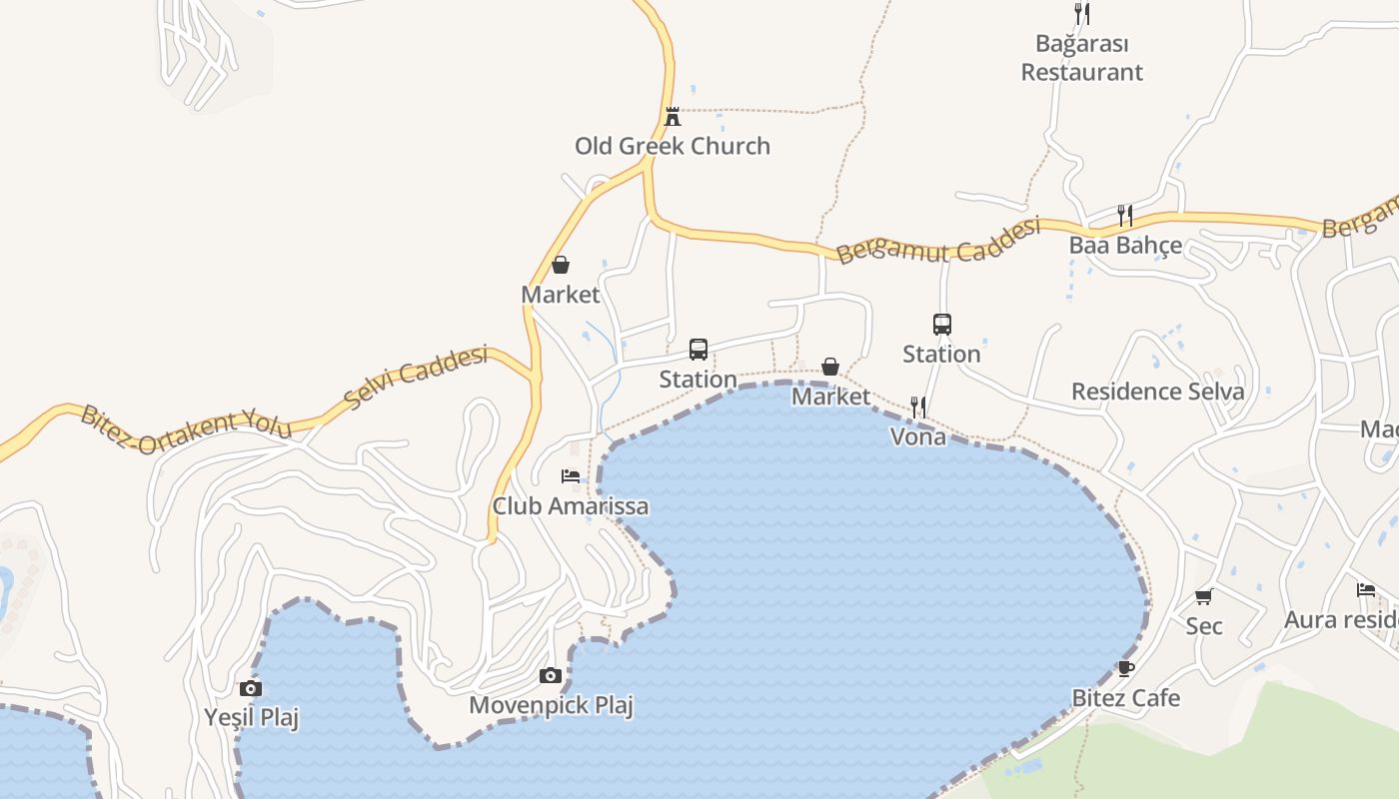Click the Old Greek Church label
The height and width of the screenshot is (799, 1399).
click(673, 146)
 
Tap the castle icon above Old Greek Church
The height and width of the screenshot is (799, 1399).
click(673, 116)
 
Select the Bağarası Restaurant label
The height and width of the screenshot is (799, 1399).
click(1082, 58)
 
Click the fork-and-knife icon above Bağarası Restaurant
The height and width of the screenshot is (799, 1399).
click(1082, 13)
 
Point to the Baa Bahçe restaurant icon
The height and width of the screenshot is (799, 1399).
click(1125, 215)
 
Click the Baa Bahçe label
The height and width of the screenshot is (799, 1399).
click(1125, 246)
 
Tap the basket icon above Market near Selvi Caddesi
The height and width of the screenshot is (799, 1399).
click(561, 265)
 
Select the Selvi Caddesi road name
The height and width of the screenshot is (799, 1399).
click(416, 377)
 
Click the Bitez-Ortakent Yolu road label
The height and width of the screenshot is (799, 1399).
click(187, 428)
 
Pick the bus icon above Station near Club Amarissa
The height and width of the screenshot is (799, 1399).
click(699, 350)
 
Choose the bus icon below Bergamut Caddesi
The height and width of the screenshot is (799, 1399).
click(942, 324)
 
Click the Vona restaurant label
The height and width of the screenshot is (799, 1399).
click(918, 436)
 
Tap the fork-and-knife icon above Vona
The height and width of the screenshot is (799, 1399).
click(918, 406)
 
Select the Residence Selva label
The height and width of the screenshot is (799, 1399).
click(1158, 392)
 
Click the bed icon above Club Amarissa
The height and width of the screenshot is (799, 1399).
click(571, 475)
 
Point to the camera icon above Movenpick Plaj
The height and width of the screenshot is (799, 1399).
click(551, 676)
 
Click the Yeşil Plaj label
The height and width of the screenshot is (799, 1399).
click(252, 718)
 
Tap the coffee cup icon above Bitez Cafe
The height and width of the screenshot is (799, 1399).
click(1126, 668)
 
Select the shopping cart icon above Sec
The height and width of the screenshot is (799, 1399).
click(1204, 596)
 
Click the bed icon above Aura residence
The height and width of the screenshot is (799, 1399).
click(1366, 589)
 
